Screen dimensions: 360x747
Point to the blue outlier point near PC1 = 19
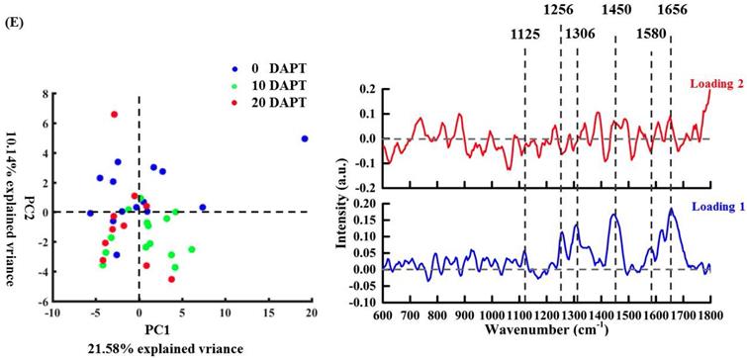coord(305,138)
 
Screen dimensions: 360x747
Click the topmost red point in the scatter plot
coord(115,115)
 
